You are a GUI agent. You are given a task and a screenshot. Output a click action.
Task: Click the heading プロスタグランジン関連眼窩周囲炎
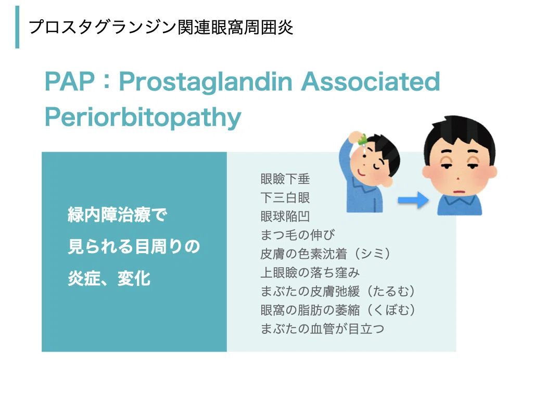coord(161,27)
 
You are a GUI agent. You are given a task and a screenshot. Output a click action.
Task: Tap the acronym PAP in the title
coord(70,82)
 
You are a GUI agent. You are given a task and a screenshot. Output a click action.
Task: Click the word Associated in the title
coord(371,82)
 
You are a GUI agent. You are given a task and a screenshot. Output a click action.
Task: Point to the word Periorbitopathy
coord(143,118)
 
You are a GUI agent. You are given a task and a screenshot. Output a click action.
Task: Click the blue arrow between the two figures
coord(413,200)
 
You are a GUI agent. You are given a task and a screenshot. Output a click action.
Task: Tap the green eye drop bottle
coord(362,139)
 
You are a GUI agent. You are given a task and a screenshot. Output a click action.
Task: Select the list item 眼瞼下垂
coord(285,179)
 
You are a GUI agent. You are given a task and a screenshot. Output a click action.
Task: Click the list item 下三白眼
coord(285,197)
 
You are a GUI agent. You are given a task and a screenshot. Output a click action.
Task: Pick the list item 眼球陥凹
coord(285,216)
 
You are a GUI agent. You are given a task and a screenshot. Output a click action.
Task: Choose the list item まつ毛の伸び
coord(298,235)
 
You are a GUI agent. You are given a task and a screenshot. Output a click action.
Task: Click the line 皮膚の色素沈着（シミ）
coord(325,254)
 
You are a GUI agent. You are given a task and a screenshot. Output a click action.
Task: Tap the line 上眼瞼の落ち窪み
coord(310,272)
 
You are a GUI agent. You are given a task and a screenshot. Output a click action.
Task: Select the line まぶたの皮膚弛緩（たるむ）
coord(338,291)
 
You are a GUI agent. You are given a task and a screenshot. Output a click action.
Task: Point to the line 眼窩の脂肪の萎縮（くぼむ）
coord(338,310)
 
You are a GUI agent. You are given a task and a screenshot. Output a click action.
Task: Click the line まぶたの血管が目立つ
coord(322,329)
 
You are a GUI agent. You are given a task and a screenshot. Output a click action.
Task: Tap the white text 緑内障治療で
coord(117,215)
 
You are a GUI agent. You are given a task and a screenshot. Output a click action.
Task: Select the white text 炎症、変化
coord(109,278)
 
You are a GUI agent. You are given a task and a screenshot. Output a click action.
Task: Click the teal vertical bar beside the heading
coord(17,27)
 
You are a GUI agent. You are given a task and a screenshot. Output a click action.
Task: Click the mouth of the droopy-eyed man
coord(459,191)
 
